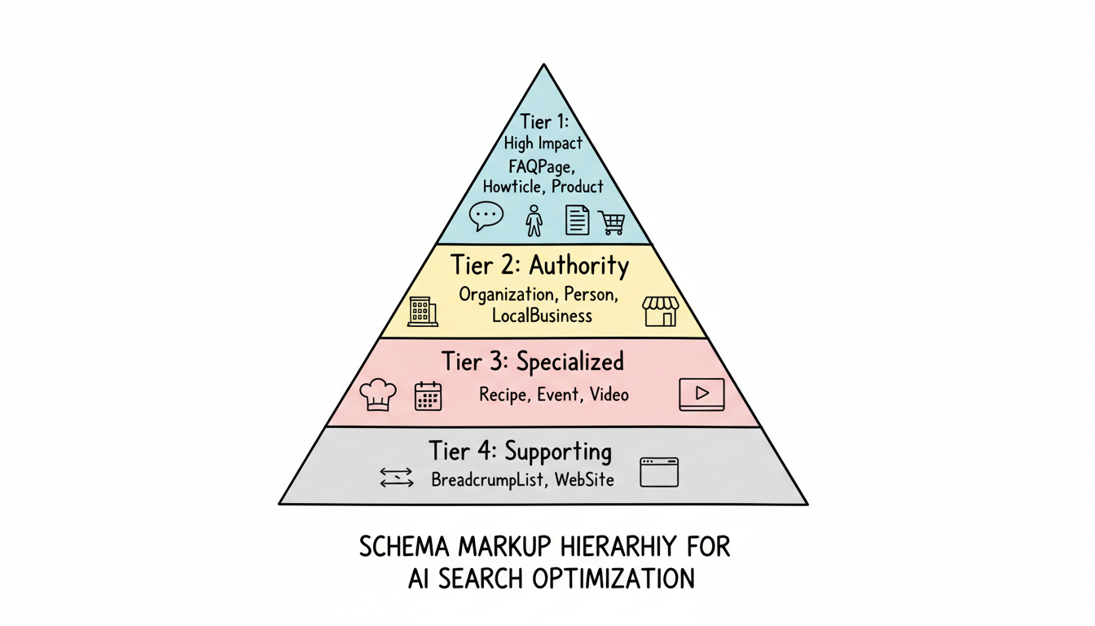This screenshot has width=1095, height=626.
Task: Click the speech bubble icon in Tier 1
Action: [x=487, y=216]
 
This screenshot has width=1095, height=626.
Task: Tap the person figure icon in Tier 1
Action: [x=534, y=220]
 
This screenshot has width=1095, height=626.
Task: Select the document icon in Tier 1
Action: [x=577, y=220]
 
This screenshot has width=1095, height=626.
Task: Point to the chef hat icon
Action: [x=378, y=395]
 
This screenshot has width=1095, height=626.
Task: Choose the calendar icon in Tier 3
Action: [x=428, y=396]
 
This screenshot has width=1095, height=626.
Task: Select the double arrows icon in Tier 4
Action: [x=397, y=478]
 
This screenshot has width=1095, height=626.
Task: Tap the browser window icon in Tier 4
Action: [x=659, y=472]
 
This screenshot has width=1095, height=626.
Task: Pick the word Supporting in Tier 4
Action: [x=558, y=451]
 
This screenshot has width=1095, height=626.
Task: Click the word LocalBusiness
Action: [x=542, y=315]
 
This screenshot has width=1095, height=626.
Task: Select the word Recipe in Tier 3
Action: [x=504, y=395]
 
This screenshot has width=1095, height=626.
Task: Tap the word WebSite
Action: [x=584, y=479]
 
